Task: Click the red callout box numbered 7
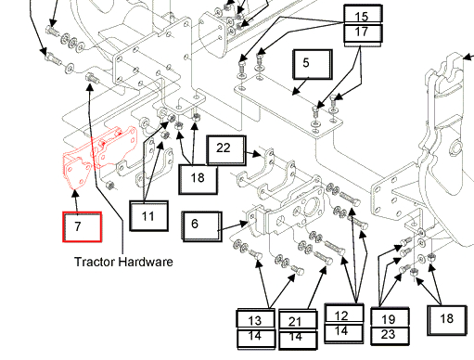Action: point(82,226)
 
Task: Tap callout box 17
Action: point(362,33)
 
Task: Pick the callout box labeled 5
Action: point(313,64)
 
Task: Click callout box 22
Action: point(226,149)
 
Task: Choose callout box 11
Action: point(148,216)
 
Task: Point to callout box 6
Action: point(202,226)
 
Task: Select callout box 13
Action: point(255,319)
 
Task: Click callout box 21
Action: point(298,320)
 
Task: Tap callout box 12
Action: point(344,314)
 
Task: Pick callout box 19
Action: point(390,317)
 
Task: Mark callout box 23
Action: point(390,336)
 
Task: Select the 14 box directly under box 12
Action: point(344,333)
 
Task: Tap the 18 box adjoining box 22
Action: point(198,180)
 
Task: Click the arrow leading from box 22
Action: point(253,153)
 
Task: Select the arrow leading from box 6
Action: point(233,226)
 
